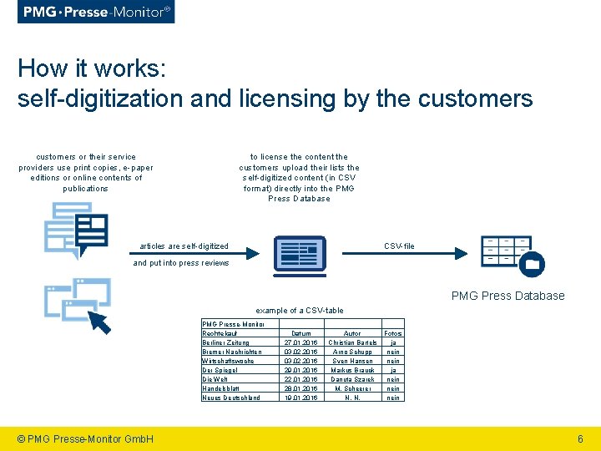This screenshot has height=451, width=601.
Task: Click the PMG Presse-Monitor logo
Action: [97, 12]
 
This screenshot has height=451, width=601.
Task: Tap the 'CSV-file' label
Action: [399, 246]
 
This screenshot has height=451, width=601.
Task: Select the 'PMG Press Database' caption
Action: [508, 296]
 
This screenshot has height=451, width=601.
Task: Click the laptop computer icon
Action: [303, 256]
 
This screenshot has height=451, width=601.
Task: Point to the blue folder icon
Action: [531, 265]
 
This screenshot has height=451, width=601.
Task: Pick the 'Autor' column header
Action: [352, 333]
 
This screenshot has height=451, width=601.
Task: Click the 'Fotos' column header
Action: [392, 333]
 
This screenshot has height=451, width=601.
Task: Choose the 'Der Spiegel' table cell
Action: [220, 370]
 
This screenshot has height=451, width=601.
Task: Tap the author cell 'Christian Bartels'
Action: [352, 342]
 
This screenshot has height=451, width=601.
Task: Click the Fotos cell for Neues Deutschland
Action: [392, 398]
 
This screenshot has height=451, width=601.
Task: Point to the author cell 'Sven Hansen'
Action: [352, 361]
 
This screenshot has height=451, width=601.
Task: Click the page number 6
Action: [580, 438]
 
